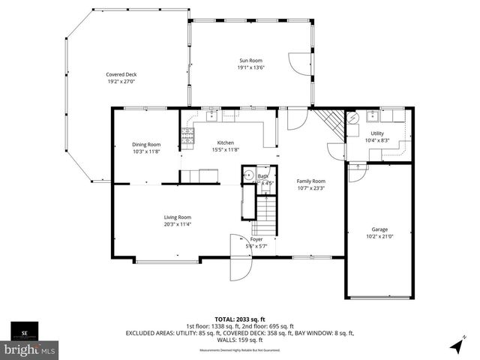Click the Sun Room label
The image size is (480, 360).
click(250, 60)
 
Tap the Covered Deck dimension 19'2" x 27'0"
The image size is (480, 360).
click(121, 81)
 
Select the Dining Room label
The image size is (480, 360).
click(146, 144)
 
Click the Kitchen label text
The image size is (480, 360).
click(226, 142)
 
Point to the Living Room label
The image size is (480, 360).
click(178, 217)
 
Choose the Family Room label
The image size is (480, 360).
click(310, 181)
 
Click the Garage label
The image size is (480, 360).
click(379, 229)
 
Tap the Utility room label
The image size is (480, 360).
click(376, 133)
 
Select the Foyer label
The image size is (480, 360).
click(256, 239)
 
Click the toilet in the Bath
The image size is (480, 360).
click(249, 177)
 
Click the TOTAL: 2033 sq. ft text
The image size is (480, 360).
click(239, 319)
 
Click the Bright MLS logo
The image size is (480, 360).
click(30, 349)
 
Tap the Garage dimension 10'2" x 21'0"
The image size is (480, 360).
click(379, 236)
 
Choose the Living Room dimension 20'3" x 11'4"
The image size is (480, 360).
click(178, 224)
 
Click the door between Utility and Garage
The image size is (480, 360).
click(358, 172)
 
